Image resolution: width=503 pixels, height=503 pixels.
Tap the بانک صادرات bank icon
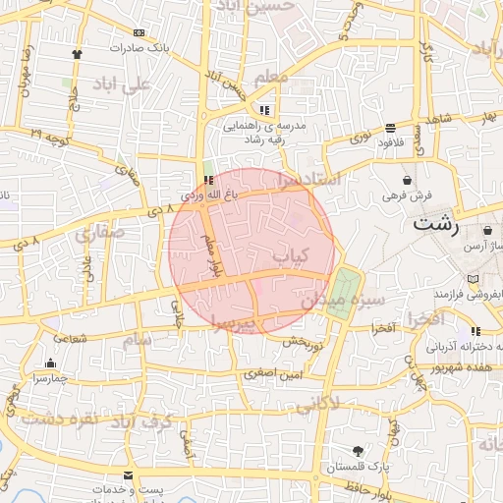(138, 32)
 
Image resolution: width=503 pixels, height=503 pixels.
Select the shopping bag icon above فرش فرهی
(408, 180)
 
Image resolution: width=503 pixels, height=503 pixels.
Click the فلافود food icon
(391, 128)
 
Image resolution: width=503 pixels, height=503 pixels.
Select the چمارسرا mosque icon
(50, 363)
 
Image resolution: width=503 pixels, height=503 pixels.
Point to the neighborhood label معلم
(270, 75)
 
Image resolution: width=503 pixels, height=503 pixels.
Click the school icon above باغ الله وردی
(207, 179)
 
